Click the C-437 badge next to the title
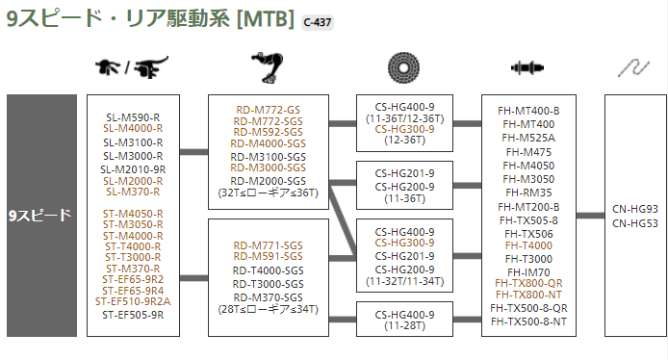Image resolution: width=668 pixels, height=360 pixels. (x=317, y=21)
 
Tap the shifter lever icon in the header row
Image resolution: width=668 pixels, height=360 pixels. (x=130, y=68)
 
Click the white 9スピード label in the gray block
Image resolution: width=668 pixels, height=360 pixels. (x=41, y=216)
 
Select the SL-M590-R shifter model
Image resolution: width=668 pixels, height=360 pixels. (x=133, y=117)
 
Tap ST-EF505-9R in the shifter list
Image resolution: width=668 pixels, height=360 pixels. (x=133, y=313)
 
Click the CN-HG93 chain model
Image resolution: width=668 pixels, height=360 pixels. (x=634, y=209)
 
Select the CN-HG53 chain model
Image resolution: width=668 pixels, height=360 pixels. (x=634, y=222)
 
